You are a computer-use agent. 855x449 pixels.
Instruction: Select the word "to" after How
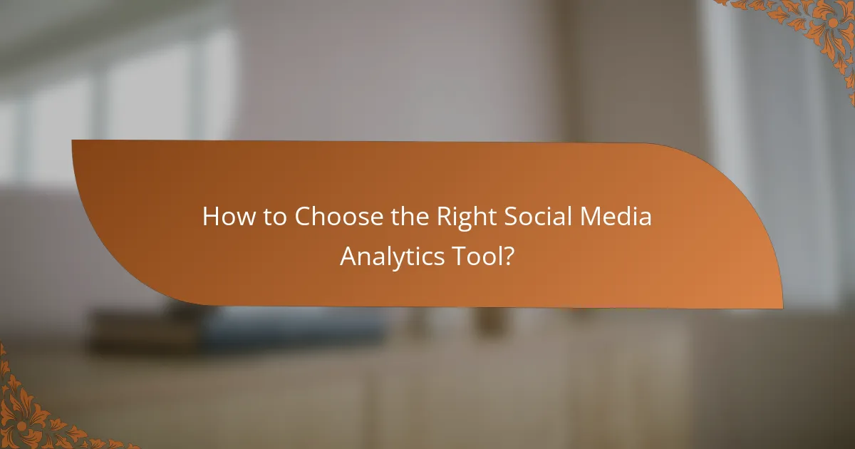(x=271, y=217)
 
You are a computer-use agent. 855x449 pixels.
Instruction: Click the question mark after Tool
(x=507, y=255)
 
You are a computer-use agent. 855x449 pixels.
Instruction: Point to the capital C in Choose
(x=304, y=217)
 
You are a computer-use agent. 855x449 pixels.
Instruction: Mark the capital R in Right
(x=443, y=217)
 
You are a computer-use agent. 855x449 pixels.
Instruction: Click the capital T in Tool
(x=460, y=255)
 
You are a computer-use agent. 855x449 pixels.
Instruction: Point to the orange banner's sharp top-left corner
(x=73, y=140)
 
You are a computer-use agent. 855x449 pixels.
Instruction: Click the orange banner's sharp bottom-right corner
(x=782, y=308)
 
